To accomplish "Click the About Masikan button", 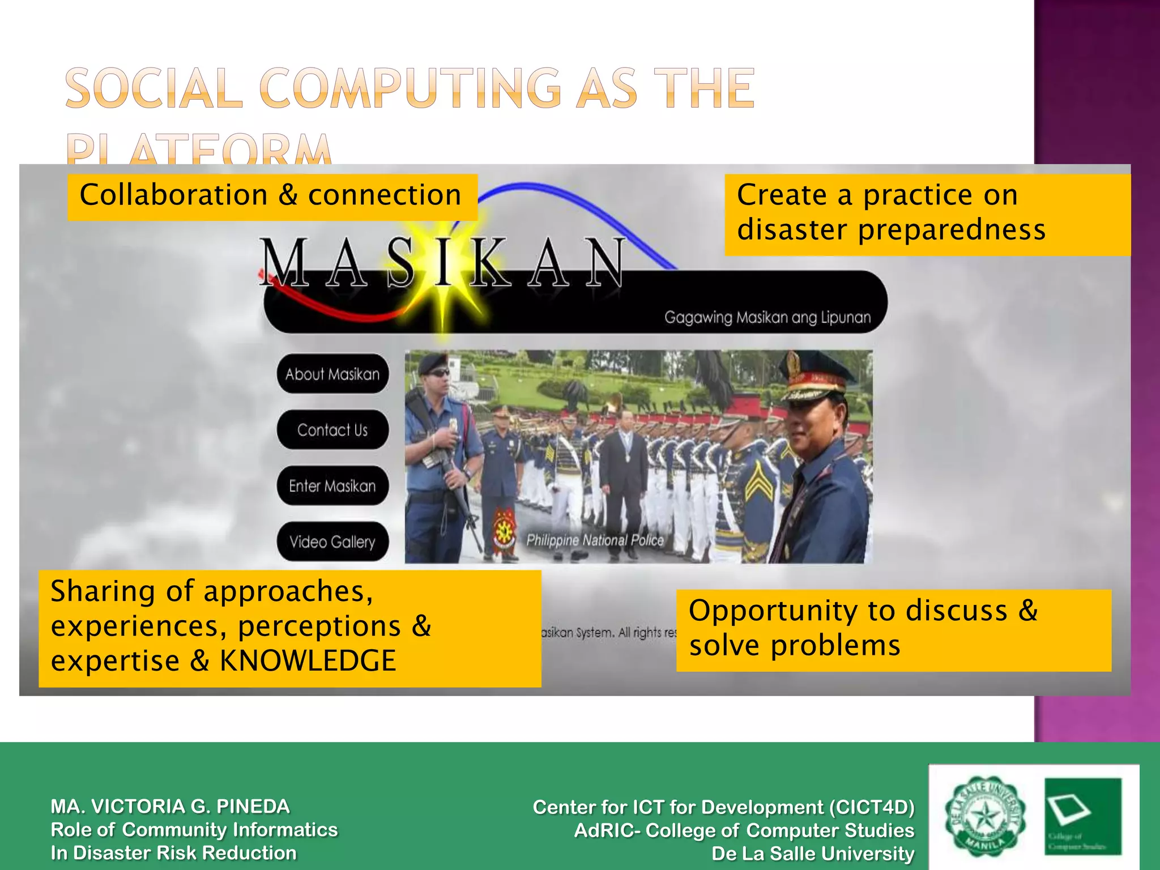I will coord(332,374).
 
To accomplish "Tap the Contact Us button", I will coord(332,430).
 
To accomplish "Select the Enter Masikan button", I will coord(332,486).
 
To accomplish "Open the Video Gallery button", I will coord(332,541).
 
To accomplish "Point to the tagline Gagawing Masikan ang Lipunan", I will coord(767,317).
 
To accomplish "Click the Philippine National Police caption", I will coord(595,540).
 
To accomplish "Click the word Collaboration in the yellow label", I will coord(173,195).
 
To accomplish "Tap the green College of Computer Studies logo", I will coord(1082,816).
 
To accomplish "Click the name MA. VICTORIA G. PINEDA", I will coord(170,806).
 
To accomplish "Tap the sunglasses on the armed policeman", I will coord(439,373).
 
